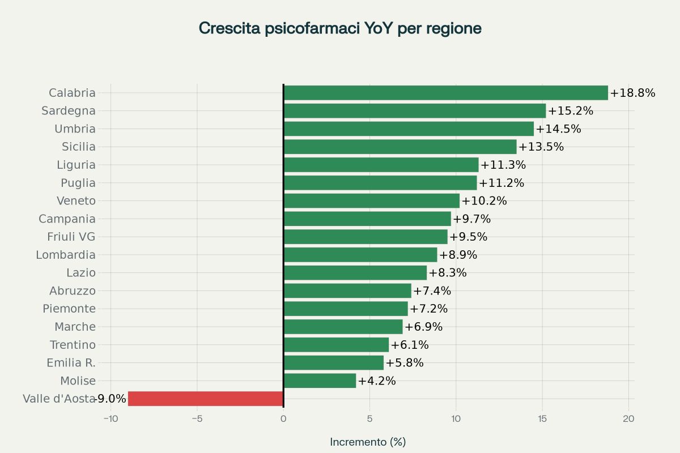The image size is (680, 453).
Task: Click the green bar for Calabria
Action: [x=445, y=93]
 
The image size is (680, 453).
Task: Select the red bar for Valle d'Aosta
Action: [x=206, y=399]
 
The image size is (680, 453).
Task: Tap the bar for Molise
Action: [x=320, y=381]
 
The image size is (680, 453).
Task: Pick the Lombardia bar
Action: [x=360, y=255]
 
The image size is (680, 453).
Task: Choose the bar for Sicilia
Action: [x=400, y=147]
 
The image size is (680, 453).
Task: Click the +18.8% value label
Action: [x=632, y=93]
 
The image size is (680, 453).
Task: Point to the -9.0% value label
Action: [x=110, y=399]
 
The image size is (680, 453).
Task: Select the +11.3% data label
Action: [x=503, y=165]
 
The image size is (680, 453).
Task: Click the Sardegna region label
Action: [x=69, y=111]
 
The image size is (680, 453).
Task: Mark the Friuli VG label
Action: [x=71, y=237]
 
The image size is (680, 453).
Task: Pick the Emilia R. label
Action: [x=71, y=363]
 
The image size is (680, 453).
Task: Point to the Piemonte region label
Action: [x=69, y=309]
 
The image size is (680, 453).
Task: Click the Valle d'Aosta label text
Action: [x=58, y=399]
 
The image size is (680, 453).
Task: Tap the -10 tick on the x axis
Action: [x=110, y=419]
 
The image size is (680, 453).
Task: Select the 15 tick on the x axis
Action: [x=542, y=419]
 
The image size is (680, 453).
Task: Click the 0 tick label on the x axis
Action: [x=283, y=419]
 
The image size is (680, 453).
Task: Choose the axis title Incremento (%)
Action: [x=368, y=442]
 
